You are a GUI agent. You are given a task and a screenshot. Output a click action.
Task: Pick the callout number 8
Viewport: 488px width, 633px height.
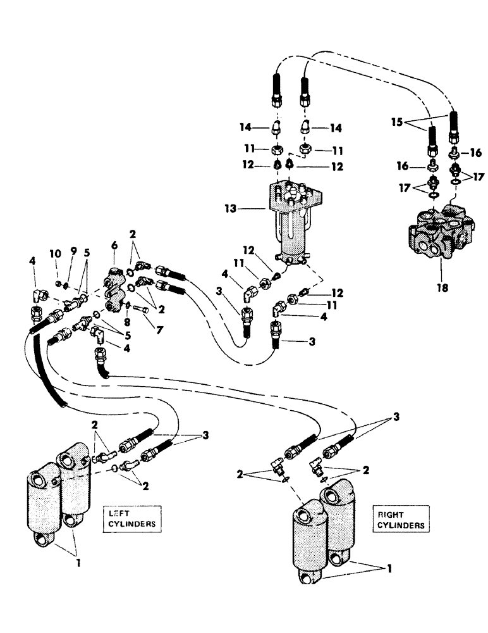click(127, 322)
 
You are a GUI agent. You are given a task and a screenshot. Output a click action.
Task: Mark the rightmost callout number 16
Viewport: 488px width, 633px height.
click(476, 152)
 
